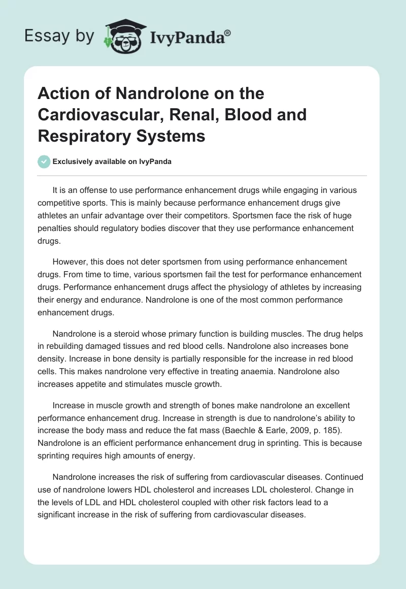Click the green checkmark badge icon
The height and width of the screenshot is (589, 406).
(44, 161)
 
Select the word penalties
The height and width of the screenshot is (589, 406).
(54, 227)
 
